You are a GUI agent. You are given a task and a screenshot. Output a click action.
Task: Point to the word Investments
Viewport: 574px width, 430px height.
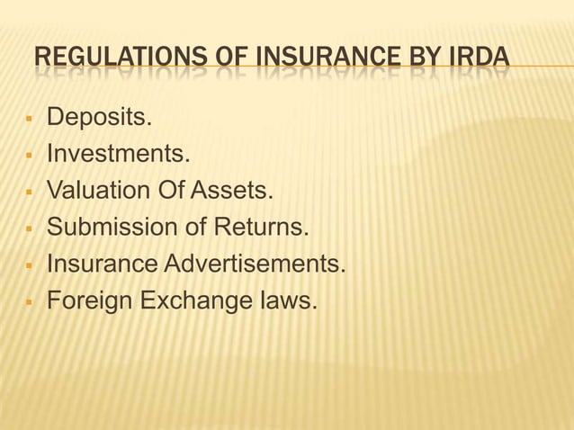tap(118, 155)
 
